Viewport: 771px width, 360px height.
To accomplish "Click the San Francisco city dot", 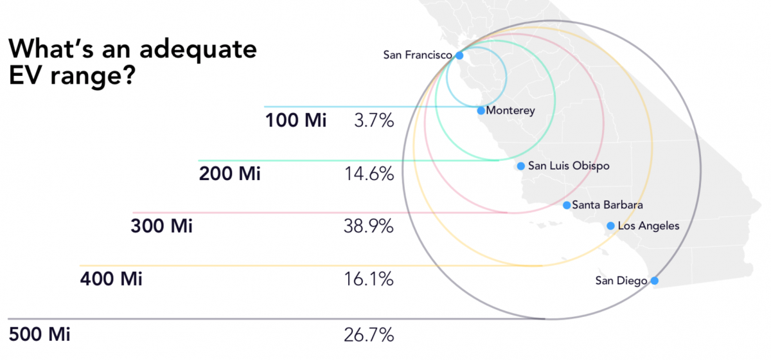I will (x=459, y=55).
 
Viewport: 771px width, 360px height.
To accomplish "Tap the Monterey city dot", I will (x=481, y=111).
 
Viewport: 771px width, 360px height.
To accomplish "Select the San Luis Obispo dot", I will (x=521, y=166).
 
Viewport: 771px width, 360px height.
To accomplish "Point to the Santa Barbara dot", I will (x=566, y=205).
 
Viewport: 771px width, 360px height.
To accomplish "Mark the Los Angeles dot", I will (x=610, y=226).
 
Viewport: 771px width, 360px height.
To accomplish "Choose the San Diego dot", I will (x=654, y=280).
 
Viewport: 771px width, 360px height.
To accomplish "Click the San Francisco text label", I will (x=418, y=55).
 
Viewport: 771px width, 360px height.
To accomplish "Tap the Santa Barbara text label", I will (x=607, y=205).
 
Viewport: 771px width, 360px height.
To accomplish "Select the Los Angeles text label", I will (x=648, y=226).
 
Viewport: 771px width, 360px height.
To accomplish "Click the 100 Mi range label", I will (x=296, y=120).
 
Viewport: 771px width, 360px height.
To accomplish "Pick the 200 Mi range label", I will (x=229, y=174).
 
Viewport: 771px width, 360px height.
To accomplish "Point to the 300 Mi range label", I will (x=161, y=226).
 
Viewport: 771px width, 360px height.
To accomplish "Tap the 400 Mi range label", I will (x=111, y=280).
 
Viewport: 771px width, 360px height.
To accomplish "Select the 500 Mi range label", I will (x=40, y=335).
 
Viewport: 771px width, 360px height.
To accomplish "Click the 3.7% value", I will (x=373, y=120).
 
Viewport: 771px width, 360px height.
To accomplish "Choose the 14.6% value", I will (x=369, y=174).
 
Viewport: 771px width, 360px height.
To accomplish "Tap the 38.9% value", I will (x=369, y=226).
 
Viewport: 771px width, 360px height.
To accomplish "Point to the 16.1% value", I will (x=369, y=280).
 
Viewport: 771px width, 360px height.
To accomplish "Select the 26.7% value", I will (x=369, y=335).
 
